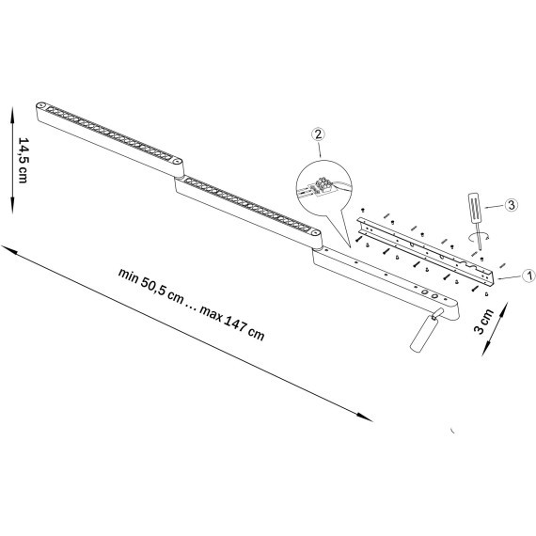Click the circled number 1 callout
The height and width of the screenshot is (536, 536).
pyautogui.click(x=528, y=276)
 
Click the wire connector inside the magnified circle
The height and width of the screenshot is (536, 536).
pyautogui.click(x=323, y=187)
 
